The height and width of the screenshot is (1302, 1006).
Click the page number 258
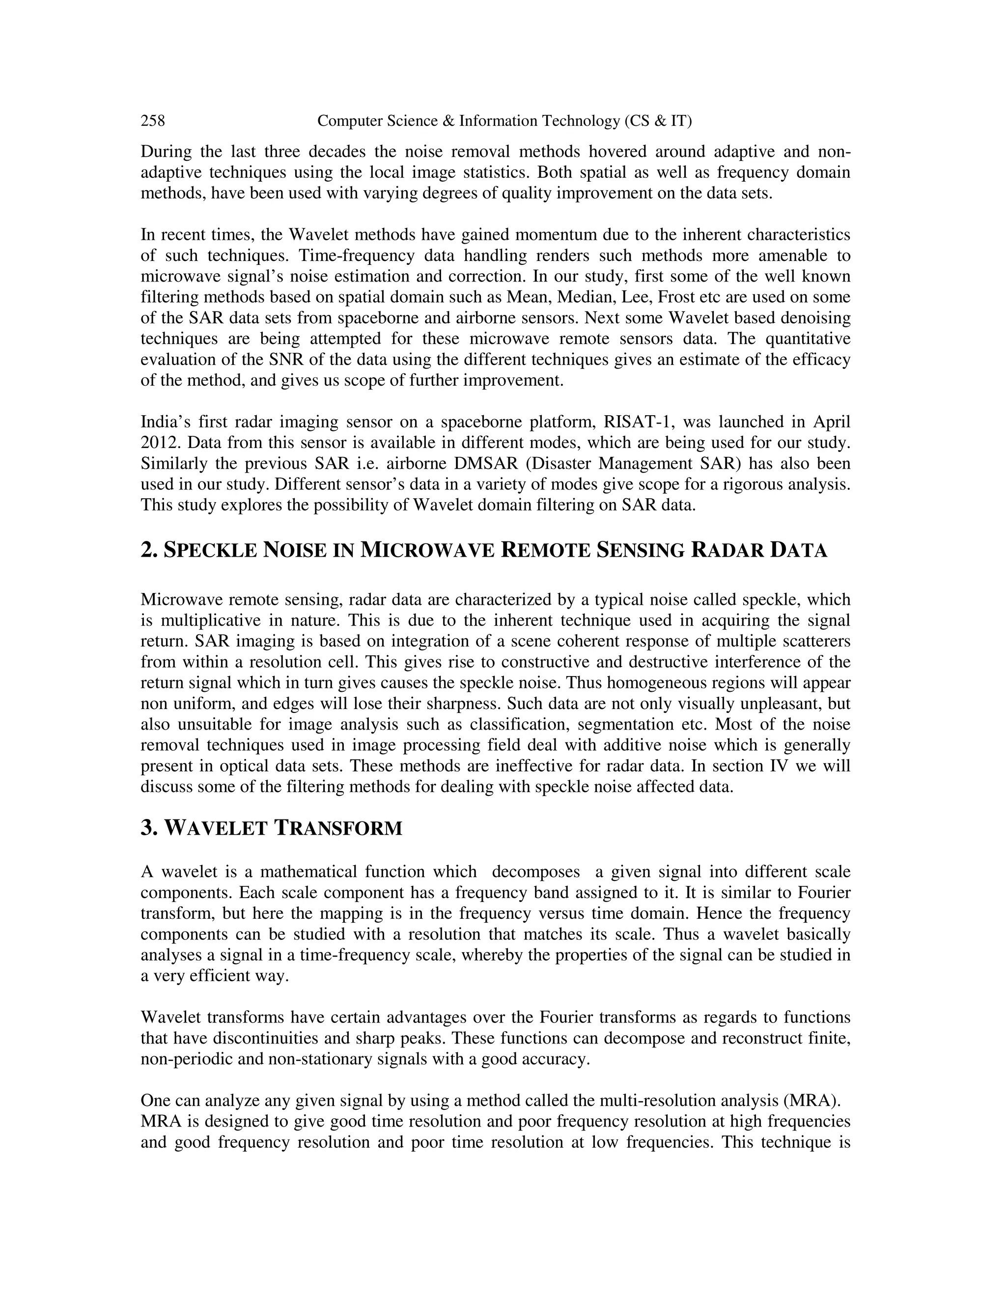pyautogui.click(x=153, y=121)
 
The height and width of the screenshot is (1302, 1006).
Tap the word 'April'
pyautogui.click(x=832, y=422)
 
